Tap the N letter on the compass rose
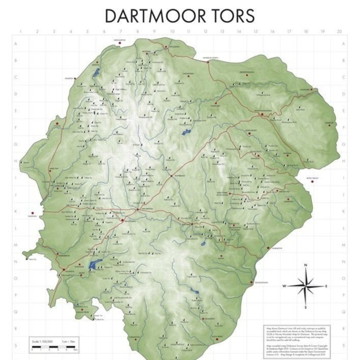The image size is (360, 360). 306,265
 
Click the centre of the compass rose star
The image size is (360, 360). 306,286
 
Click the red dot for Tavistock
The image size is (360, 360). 33,213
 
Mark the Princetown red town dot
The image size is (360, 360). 122,220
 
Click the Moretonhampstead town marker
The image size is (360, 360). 262,115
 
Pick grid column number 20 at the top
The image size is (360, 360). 339,32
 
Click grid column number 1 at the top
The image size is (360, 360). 21,32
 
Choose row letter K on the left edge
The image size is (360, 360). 16,211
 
